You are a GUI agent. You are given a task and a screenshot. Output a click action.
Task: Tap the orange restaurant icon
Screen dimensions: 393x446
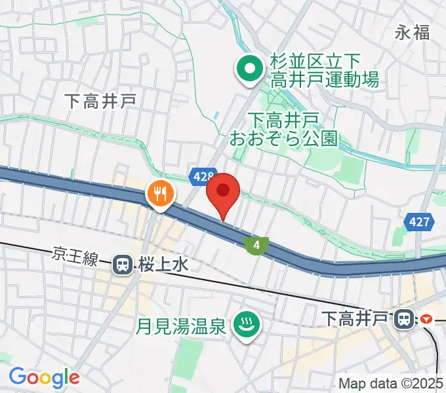point(161,194)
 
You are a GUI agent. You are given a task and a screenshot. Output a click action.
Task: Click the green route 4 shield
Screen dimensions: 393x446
point(256,246)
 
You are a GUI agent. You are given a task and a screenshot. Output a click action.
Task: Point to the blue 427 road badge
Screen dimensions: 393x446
point(418,222)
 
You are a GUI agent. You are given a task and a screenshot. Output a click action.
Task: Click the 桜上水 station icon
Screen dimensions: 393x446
point(121,265)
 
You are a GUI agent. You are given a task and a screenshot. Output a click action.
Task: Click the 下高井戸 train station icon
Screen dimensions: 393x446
point(402,319)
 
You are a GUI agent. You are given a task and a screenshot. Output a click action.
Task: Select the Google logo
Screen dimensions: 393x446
point(44,377)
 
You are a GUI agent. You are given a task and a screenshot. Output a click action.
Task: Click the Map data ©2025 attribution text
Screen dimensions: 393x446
point(390,383)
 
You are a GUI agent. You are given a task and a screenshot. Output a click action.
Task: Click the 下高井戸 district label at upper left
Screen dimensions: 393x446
point(100,100)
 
